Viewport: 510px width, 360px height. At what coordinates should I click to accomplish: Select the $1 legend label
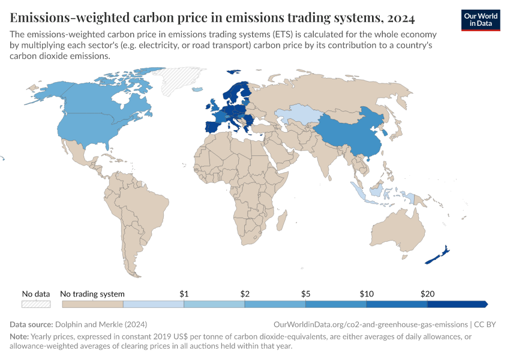(184, 294)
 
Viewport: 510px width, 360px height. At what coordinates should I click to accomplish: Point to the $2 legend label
(245, 294)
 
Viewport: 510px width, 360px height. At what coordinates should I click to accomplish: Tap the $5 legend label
(306, 294)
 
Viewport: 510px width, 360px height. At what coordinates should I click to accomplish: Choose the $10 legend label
(367, 294)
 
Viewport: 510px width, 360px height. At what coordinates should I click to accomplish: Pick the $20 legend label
(427, 294)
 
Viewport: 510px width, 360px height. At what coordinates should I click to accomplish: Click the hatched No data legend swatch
(36, 304)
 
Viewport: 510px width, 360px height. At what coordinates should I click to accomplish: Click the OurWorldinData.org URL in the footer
(369, 324)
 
